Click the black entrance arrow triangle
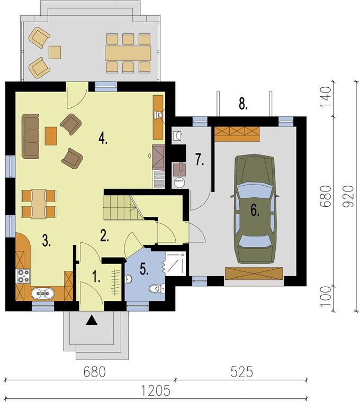92,321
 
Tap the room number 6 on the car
255,211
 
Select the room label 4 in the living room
103,139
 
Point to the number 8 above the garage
243,104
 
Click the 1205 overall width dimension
156,390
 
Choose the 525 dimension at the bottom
242,372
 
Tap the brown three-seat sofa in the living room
31,136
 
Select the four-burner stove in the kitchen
23,276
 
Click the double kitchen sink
42,293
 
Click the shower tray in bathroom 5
175,263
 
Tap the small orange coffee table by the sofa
51,136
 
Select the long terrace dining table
128,53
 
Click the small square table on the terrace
55,52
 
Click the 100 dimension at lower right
326,296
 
